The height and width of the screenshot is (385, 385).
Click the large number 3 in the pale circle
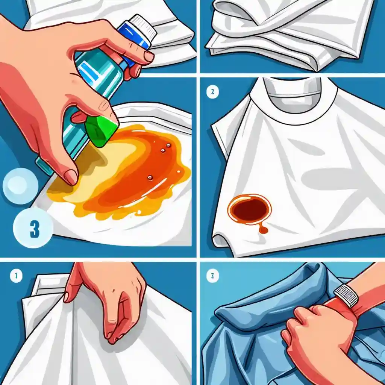point(35,229)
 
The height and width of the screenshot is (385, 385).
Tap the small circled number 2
point(212,92)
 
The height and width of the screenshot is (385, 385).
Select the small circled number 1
point(16,276)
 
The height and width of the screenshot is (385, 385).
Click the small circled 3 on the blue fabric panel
point(212,276)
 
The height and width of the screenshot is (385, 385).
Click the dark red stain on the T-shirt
point(250,210)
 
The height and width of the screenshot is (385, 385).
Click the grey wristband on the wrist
point(346,296)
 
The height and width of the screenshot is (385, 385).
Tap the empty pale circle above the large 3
point(20,186)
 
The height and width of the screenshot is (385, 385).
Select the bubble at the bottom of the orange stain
point(150,177)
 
